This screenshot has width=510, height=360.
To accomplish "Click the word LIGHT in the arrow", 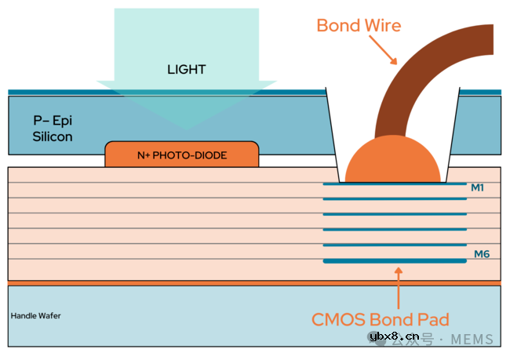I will (x=186, y=69).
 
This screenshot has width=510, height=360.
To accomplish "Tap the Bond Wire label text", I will (x=359, y=25).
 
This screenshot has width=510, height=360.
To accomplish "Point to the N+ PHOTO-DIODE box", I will (x=182, y=155).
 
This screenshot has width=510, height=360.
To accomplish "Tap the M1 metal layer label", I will (x=477, y=187).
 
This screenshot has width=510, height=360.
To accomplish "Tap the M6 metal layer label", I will (x=480, y=254).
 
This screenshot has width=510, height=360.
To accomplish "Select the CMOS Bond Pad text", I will (x=381, y=319).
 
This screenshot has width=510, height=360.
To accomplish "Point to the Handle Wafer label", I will (x=35, y=316).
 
